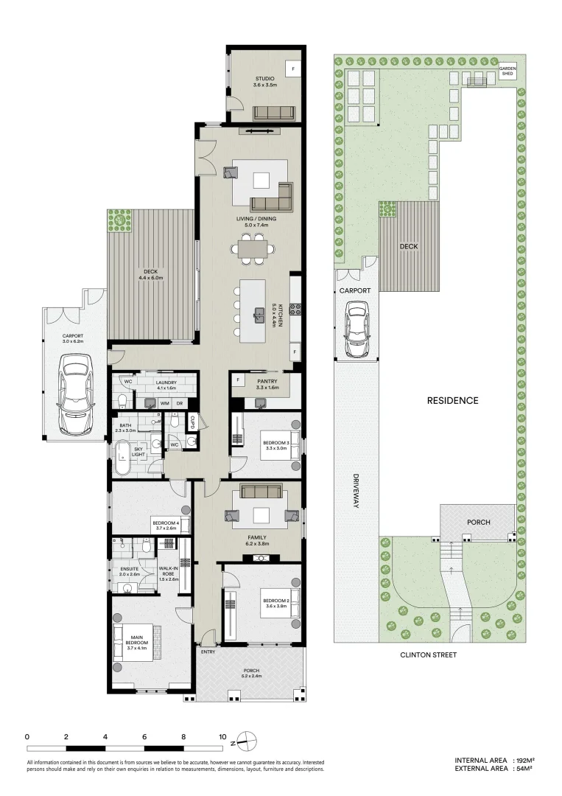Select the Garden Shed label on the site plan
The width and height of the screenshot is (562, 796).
pos(509,71)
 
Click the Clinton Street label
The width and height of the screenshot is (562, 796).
pos(428,654)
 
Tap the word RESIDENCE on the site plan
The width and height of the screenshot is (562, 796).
pos(453,401)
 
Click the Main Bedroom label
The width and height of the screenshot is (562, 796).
pos(138,640)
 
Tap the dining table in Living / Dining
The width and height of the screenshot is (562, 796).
pos(253,248)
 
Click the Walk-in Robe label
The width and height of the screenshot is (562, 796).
pos(169,573)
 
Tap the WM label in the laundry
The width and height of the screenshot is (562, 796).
pos(164,403)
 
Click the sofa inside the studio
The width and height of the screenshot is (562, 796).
pos(274,113)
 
